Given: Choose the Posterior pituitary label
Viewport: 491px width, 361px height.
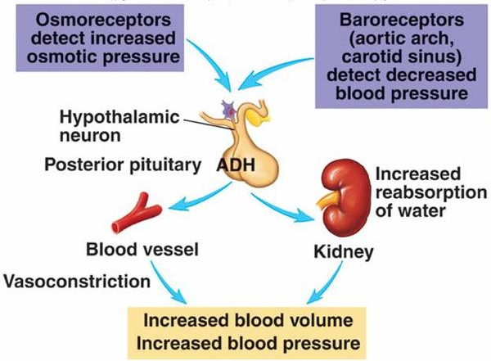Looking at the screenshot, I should tap(122, 165).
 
